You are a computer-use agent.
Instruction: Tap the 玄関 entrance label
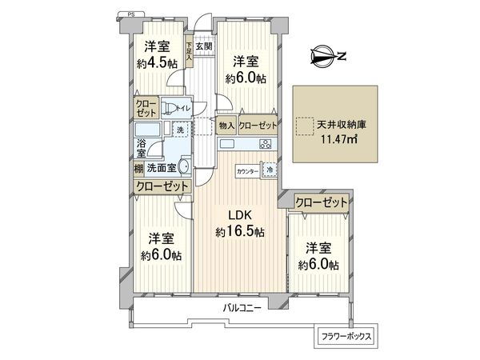[202, 46]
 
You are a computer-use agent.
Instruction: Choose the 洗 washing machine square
[181, 130]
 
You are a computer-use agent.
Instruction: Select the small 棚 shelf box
[139, 168]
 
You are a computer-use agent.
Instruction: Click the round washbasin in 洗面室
[183, 167]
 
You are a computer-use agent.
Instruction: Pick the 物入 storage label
[226, 126]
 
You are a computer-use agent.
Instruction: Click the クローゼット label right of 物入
[258, 126]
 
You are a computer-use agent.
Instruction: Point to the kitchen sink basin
[227, 144]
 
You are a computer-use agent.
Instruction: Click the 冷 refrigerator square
[270, 170]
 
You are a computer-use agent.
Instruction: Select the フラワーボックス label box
[346, 336]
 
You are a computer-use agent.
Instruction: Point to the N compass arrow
[327, 56]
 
